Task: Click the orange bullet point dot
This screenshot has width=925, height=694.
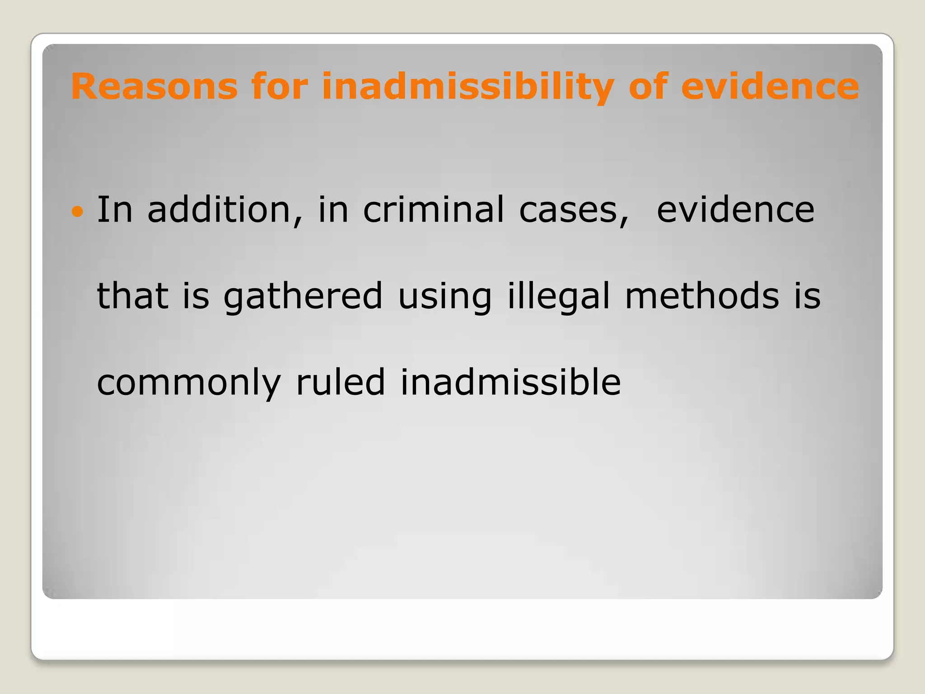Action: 78,211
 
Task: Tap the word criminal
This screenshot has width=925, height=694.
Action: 434,210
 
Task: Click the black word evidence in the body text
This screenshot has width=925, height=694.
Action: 735,210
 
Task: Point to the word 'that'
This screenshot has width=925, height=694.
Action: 133,296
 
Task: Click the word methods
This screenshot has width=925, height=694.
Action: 702,296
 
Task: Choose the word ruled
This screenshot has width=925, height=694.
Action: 340,382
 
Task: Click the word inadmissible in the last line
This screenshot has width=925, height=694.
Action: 510,382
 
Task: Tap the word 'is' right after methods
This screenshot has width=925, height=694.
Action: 808,296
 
